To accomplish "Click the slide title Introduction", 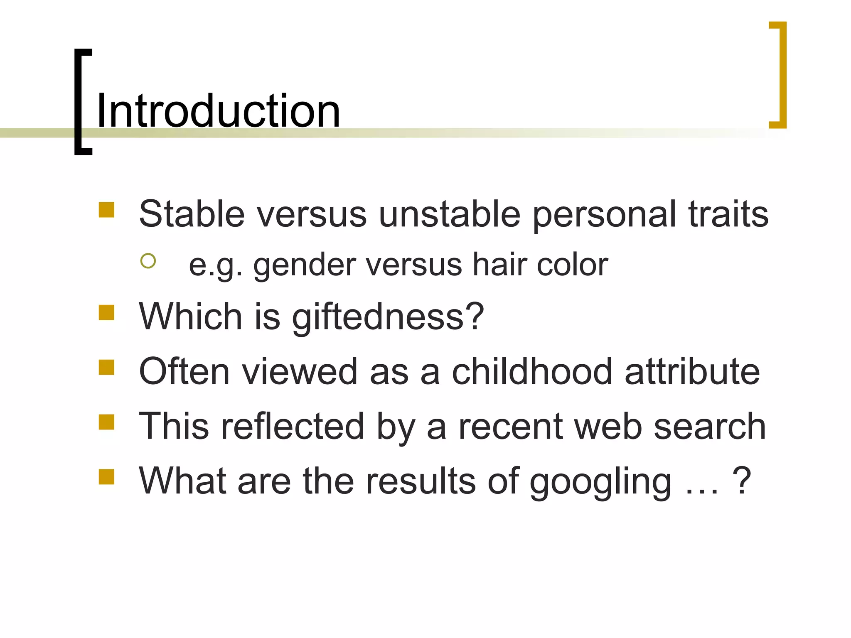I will tap(218, 111).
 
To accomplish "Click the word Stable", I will tap(192, 214).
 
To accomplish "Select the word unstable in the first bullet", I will tap(450, 214).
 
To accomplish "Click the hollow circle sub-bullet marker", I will tap(148, 261).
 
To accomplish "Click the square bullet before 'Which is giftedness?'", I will tap(106, 312).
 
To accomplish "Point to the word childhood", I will tap(532, 371).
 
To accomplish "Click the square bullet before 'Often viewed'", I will tap(106, 367).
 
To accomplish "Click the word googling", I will tap(600, 482).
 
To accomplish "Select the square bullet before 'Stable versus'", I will tap(106, 210).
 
